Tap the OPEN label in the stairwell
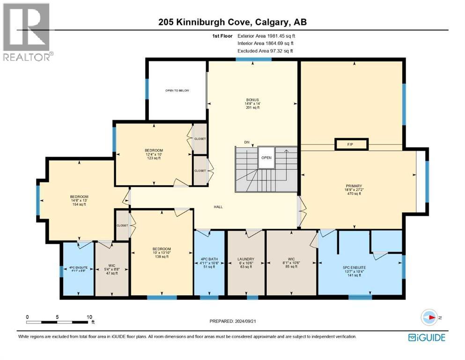(x=266, y=157)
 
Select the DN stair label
(x=246, y=142)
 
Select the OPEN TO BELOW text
(x=177, y=90)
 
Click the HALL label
(x=219, y=206)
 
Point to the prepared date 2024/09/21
(x=233, y=321)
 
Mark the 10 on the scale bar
(x=89, y=316)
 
